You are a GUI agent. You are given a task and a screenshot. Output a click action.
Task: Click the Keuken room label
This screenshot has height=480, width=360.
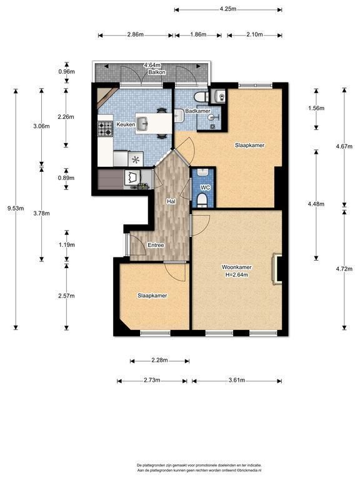[126, 124]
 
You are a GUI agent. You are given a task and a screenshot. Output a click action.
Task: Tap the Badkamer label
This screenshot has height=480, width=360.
[197, 111]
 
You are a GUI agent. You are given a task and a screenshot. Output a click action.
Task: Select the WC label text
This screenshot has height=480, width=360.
[205, 187]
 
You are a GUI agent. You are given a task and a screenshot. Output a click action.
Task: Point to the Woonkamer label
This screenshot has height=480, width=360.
[237, 267]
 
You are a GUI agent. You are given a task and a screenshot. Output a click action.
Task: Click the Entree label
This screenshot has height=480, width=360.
[156, 245]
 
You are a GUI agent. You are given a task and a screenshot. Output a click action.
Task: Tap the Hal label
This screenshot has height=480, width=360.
[171, 201]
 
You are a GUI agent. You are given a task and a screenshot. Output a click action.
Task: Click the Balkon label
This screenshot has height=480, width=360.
[157, 72]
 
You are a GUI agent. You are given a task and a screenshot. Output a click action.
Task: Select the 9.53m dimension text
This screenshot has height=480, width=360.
[16, 209]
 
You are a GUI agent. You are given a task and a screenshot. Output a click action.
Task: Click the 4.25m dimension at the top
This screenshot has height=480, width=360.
[227, 9]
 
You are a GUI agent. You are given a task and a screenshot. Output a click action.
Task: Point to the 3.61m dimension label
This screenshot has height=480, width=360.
[237, 380]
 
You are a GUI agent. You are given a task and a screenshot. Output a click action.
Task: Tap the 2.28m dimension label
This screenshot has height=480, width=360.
[159, 360]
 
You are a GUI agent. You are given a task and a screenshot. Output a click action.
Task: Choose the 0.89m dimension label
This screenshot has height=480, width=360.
[66, 178]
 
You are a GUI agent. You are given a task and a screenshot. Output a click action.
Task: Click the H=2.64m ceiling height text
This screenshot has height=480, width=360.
[237, 275]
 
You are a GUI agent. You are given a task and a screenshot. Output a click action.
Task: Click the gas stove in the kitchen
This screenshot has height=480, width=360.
[105, 129]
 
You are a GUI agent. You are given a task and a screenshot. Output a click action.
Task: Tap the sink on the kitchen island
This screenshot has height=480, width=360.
[142, 123]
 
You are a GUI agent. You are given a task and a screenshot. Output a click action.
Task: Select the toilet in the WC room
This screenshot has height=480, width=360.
[202, 200]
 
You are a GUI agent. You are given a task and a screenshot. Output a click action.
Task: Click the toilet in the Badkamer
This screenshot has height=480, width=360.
[200, 97]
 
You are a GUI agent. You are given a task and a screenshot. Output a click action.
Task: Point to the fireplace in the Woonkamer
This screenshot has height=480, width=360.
[277, 269]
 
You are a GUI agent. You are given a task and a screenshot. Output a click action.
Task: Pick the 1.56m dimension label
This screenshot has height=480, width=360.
[316, 108]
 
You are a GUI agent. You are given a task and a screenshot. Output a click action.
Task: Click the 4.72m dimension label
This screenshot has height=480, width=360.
[344, 269]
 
